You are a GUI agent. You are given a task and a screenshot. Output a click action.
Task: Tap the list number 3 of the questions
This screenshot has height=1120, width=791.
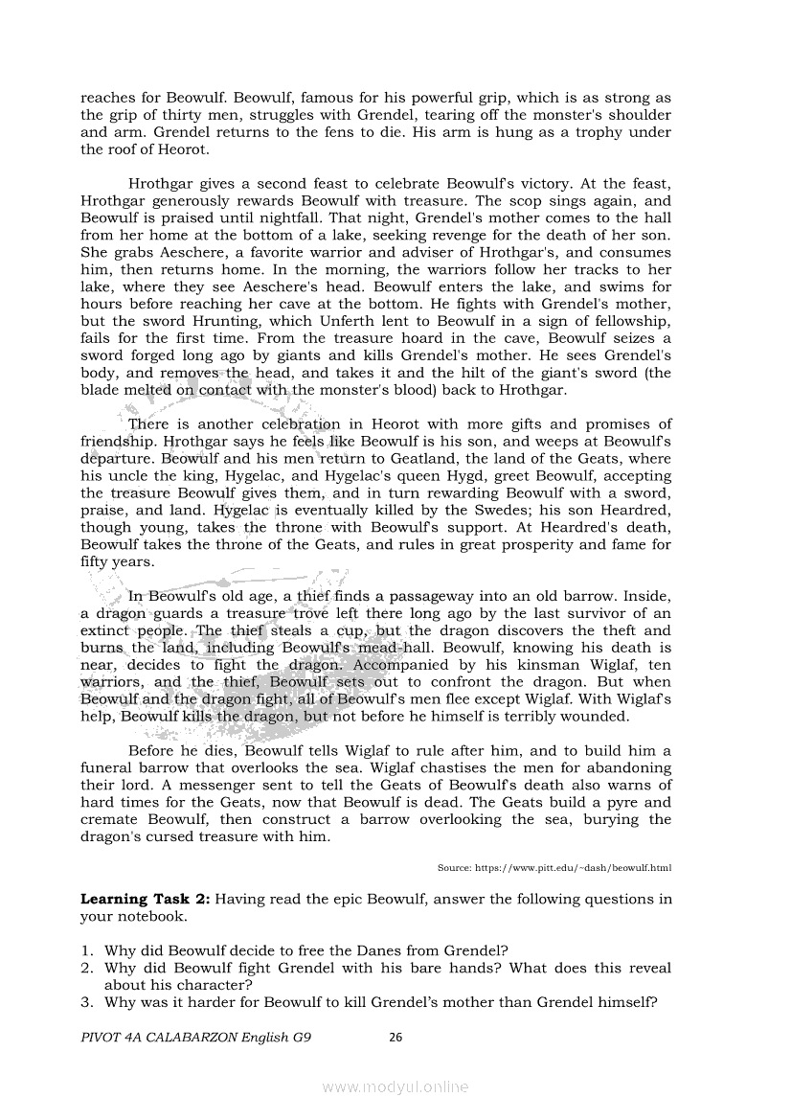[86, 1002]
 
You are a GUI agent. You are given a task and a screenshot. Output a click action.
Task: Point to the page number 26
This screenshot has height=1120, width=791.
[395, 1036]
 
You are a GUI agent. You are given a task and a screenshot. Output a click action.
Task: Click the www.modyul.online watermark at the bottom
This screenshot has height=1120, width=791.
[395, 1086]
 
